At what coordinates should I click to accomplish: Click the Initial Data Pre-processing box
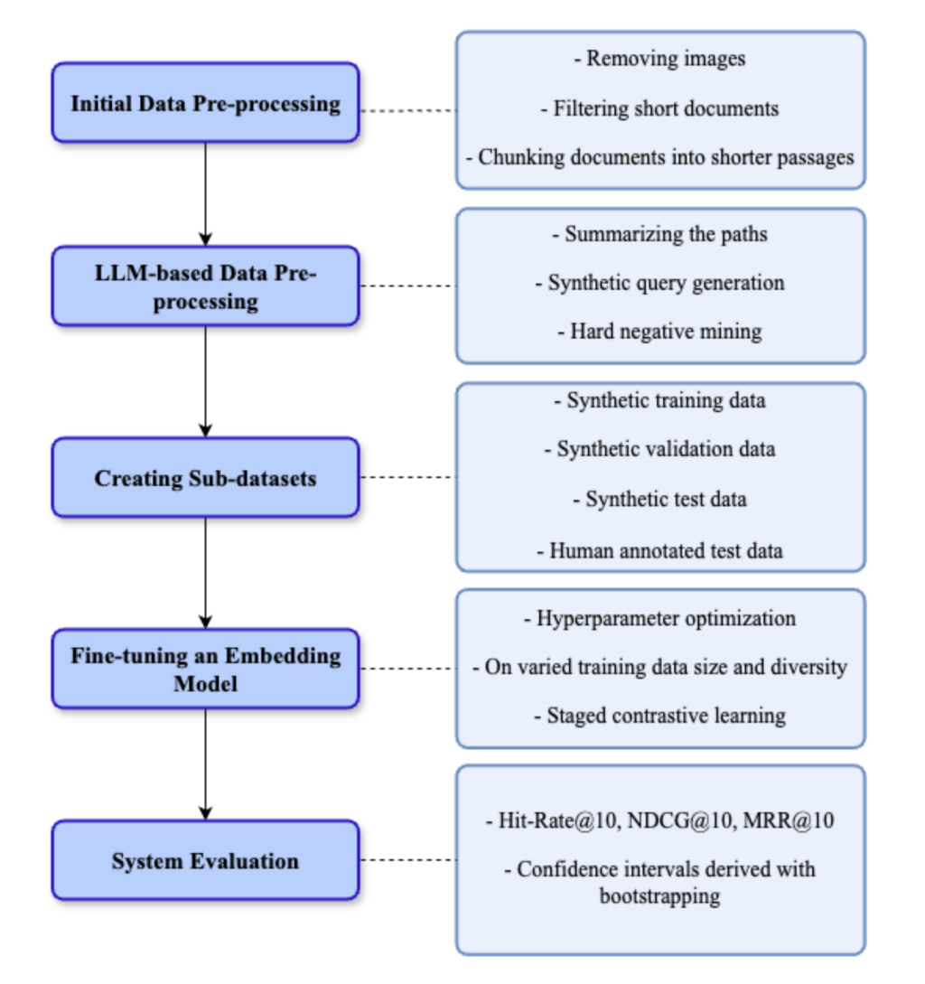click(x=205, y=103)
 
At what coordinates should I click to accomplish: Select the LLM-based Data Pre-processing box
click(x=205, y=286)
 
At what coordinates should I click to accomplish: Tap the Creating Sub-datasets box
click(x=205, y=477)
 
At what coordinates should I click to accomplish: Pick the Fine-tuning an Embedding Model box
click(x=205, y=669)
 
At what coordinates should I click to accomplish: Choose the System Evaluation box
click(x=205, y=860)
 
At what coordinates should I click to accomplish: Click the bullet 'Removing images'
click(x=660, y=59)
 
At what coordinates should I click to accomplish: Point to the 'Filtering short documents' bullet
click(x=660, y=108)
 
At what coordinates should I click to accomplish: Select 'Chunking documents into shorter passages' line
click(x=660, y=157)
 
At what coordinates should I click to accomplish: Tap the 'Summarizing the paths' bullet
click(x=660, y=234)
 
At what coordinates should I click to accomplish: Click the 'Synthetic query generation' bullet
click(x=660, y=283)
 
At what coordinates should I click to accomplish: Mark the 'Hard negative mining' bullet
click(x=660, y=332)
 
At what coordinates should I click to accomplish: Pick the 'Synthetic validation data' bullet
click(x=660, y=449)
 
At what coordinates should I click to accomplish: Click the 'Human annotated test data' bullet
click(x=660, y=550)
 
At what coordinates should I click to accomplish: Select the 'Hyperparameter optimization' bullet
click(x=660, y=619)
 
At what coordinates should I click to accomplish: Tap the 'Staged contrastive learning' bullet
click(x=660, y=716)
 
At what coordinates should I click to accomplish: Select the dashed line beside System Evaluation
click(x=407, y=860)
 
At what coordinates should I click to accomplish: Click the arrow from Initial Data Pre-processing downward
click(x=205, y=193)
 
